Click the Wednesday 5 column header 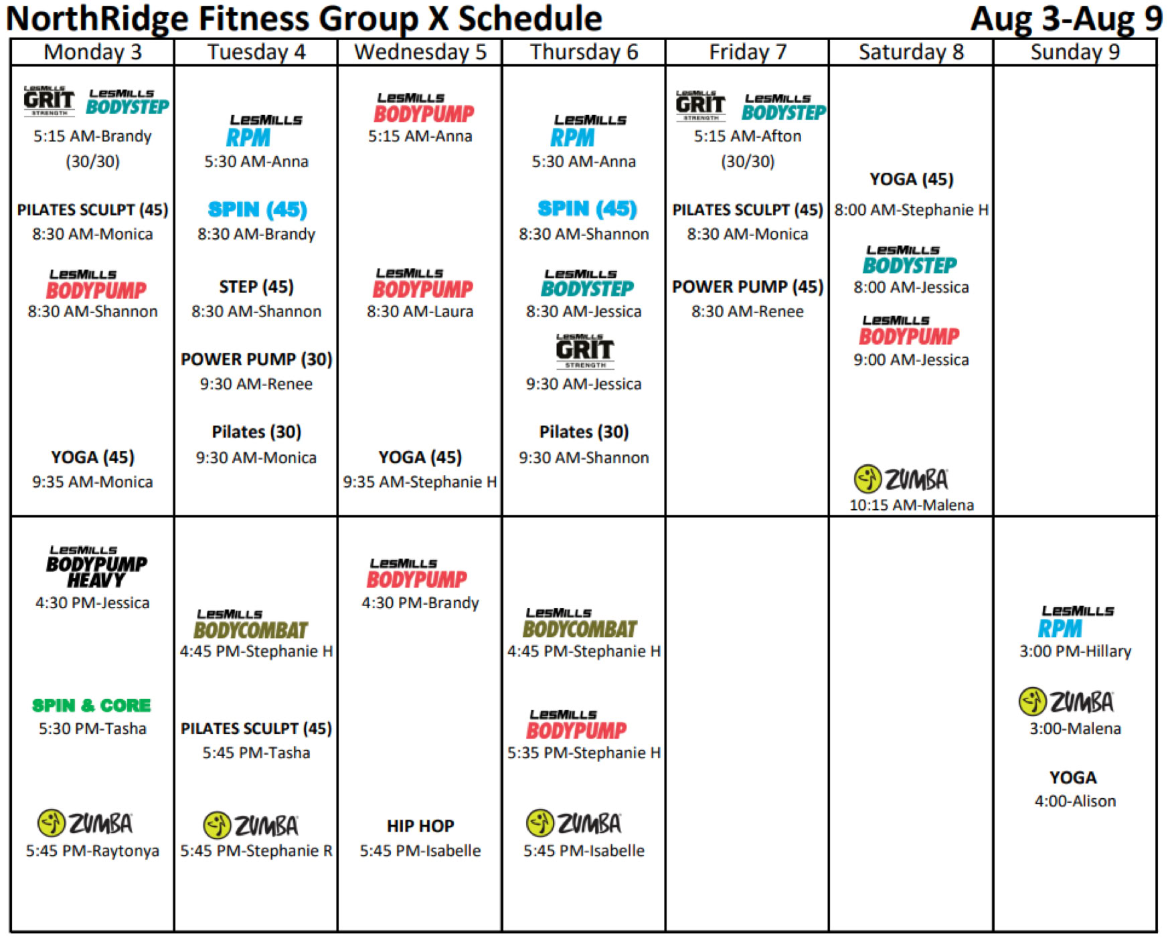coord(420,52)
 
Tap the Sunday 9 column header coord(1075,52)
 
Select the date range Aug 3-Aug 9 coord(1066,19)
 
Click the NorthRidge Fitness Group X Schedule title coord(305,19)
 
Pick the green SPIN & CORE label coord(92,705)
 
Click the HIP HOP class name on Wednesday coord(420,826)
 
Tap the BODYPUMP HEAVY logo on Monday coord(96,567)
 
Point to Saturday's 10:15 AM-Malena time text coord(911,505)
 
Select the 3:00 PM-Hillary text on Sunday coord(1075,651)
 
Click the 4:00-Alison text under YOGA coord(1075,801)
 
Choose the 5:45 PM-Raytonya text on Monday coord(92,850)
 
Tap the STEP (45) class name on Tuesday coord(256,287)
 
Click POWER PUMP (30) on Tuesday coord(256,359)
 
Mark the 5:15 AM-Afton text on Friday coord(748,136)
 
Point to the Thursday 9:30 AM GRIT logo coord(585,351)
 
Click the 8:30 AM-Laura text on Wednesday coord(420,311)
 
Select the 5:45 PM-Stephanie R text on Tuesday coord(256,850)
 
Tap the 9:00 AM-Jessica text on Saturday coord(911,360)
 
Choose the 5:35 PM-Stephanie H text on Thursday coord(584,753)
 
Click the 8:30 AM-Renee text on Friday coord(748,311)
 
